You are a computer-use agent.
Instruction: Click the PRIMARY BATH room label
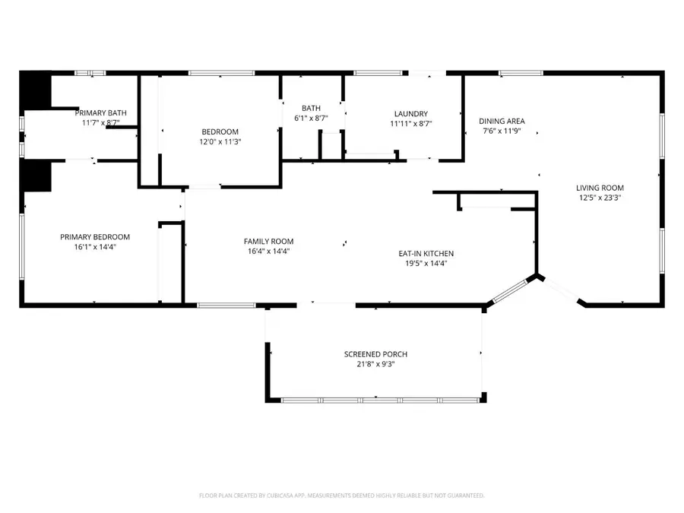pos(100,113)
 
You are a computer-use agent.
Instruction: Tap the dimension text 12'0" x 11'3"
pos(220,141)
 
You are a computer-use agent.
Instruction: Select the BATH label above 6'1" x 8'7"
pos(311,109)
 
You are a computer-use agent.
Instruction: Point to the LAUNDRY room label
pos(410,114)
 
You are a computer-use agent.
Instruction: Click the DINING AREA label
pos(502,121)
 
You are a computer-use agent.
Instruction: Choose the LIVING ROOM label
pos(600,188)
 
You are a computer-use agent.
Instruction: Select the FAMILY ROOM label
pos(269,242)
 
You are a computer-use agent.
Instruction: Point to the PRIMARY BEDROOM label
pos(95,236)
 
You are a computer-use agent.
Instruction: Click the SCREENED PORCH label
pos(375,354)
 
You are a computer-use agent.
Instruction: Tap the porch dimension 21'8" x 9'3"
pos(375,364)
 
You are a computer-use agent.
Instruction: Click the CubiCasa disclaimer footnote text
pos(341,496)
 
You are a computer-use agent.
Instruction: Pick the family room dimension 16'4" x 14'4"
pos(269,252)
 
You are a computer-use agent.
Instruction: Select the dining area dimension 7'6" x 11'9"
pos(502,131)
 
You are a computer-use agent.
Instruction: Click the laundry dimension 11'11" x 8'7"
pos(410,124)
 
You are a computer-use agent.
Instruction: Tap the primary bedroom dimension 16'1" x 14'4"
pos(95,246)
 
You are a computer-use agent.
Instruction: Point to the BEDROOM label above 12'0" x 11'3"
pos(220,131)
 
